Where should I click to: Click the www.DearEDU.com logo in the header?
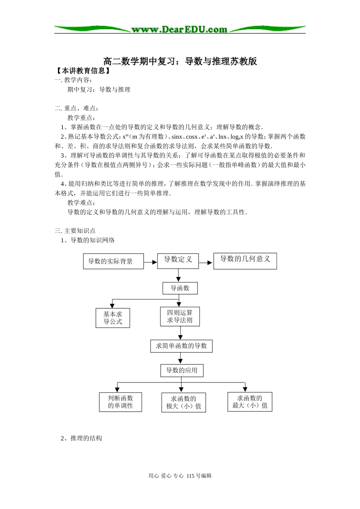[x=179, y=29]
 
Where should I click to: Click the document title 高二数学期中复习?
[x=180, y=61]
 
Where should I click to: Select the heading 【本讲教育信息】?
[x=83, y=71]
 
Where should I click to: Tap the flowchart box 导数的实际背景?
[x=113, y=261]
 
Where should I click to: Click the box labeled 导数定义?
[x=178, y=260]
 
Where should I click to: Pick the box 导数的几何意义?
[x=245, y=261]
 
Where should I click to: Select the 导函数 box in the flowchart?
[x=180, y=288]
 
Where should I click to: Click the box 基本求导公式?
[x=113, y=318]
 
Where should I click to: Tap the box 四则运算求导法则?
[x=180, y=317]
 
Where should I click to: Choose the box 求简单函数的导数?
[x=181, y=346]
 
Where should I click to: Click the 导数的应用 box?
[x=182, y=370]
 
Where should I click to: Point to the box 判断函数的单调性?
[x=120, y=402]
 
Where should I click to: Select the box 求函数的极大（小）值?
[x=183, y=403]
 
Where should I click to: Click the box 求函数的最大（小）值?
[x=250, y=402]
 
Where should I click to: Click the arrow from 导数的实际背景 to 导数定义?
[x=150, y=262]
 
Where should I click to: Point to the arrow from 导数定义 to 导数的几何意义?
[x=206, y=262]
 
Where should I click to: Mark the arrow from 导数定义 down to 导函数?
[x=178, y=275]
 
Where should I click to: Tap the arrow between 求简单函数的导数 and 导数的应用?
[x=181, y=358]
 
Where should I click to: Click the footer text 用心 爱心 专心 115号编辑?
[x=180, y=476]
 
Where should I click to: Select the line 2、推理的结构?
[x=81, y=438]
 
